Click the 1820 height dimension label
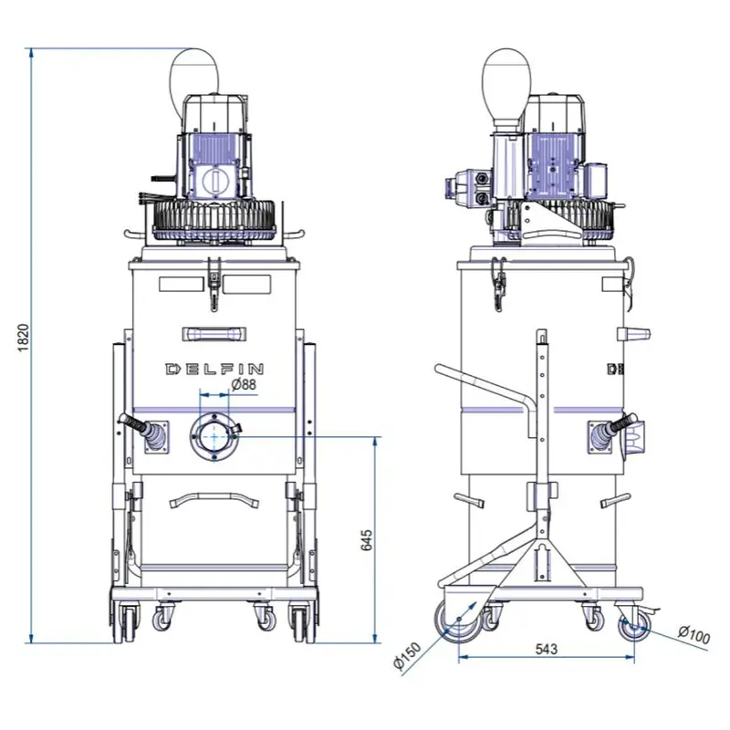click(24, 338)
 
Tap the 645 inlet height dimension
click(367, 540)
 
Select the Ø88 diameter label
click(244, 384)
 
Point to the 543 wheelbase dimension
click(546, 649)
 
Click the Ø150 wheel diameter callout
click(407, 655)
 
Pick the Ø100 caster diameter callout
click(694, 635)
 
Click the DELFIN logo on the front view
click(214, 370)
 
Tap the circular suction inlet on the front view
click(214, 437)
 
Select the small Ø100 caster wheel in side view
click(633, 626)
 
